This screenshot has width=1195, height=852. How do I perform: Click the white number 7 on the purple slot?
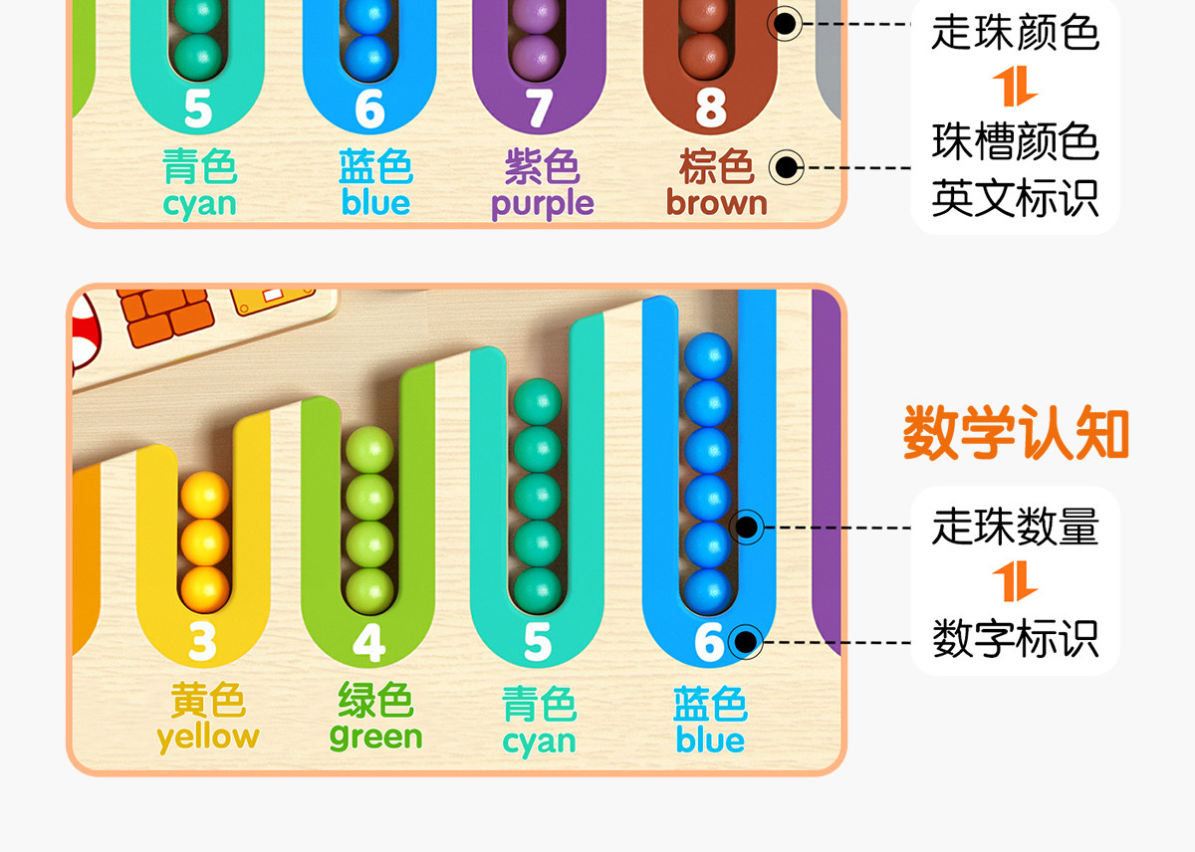click(x=539, y=108)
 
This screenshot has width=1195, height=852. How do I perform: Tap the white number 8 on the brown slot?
click(x=710, y=108)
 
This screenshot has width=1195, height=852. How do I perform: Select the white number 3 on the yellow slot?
click(x=202, y=643)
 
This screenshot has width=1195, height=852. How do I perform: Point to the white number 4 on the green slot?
click(x=368, y=643)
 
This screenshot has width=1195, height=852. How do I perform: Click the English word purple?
click(x=542, y=204)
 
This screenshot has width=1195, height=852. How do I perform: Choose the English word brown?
click(x=717, y=203)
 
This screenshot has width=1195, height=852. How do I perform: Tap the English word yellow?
click(x=207, y=738)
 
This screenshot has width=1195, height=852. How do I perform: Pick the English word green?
click(x=375, y=738)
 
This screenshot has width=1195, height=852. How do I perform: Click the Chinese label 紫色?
click(x=542, y=167)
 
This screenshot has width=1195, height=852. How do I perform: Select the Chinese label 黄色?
click(x=207, y=701)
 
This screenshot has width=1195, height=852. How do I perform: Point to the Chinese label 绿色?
click(x=375, y=701)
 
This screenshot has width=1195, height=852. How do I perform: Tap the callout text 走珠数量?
click(x=1015, y=527)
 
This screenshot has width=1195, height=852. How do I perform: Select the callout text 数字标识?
click(x=1015, y=638)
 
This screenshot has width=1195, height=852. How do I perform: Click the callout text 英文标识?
click(x=1015, y=198)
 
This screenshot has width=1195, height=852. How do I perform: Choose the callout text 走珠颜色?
click(x=1015, y=32)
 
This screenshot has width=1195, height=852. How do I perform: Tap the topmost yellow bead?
click(x=205, y=495)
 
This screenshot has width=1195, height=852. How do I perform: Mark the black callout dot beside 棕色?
click(x=787, y=166)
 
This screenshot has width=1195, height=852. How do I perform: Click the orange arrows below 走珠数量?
click(x=1015, y=582)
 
